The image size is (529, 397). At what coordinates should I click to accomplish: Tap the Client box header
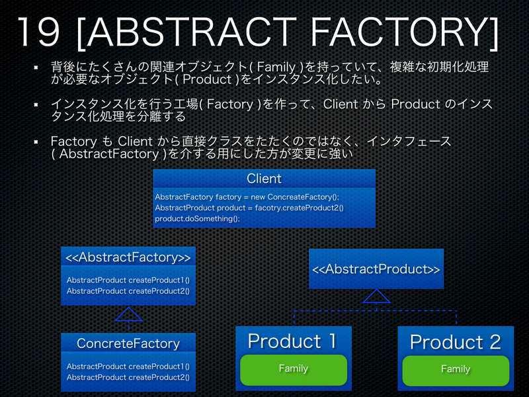[264, 179]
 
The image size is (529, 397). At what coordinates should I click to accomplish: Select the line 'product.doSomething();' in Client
[197, 218]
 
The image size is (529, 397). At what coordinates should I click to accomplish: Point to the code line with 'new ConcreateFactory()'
[246, 197]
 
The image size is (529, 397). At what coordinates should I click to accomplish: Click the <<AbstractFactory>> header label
[128, 257]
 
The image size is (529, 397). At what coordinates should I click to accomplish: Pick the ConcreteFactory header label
[128, 343]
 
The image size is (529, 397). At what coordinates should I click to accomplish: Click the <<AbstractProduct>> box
[376, 269]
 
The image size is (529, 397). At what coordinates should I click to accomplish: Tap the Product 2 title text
[455, 342]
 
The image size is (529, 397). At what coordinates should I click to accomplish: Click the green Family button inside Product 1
[293, 369]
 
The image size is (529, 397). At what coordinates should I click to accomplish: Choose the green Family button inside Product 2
[455, 370]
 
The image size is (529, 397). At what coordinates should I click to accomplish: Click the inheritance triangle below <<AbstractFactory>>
[128, 315]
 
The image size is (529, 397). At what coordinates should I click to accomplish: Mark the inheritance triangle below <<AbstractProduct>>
[376, 296]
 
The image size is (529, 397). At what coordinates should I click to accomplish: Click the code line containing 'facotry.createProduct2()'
[249, 208]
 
